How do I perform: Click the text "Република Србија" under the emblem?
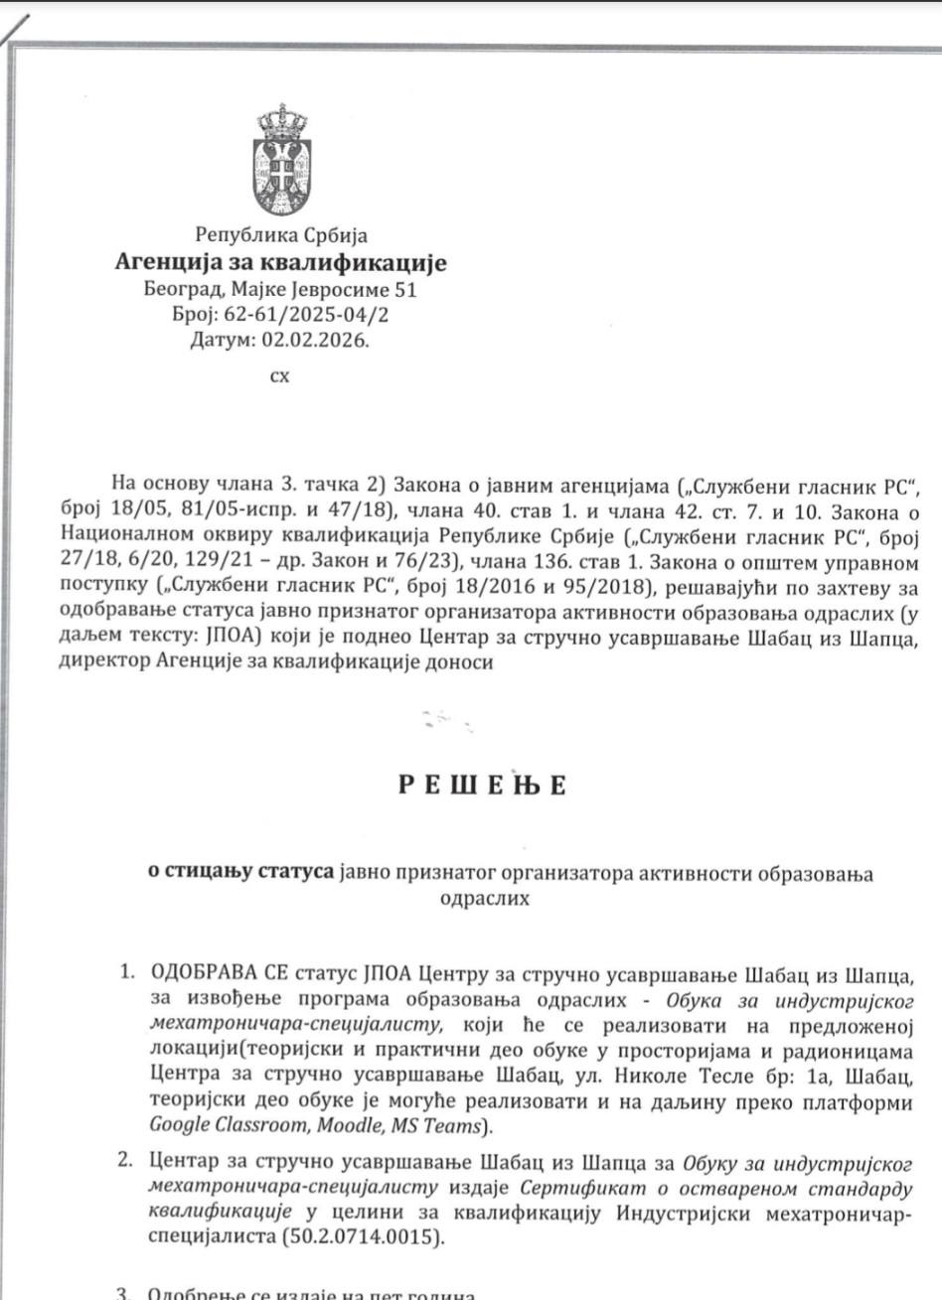(x=282, y=236)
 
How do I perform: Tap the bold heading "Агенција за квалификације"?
(x=282, y=263)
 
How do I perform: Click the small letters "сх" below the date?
(x=280, y=377)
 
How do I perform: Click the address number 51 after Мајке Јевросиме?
(x=404, y=290)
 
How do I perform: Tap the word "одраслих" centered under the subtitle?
(x=483, y=900)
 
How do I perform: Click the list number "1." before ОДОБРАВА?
(x=126, y=971)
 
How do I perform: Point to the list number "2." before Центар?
(x=126, y=1160)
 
